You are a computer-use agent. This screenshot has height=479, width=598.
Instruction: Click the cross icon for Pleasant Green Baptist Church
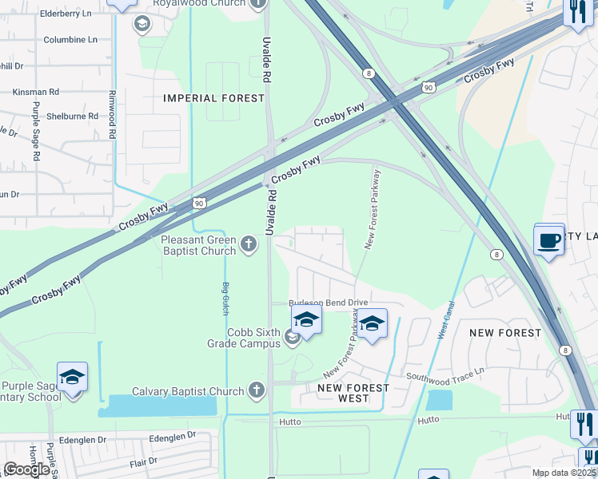(x=249, y=243)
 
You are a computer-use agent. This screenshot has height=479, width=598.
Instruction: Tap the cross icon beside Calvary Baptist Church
(x=256, y=390)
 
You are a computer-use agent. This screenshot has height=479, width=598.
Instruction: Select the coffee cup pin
(x=549, y=241)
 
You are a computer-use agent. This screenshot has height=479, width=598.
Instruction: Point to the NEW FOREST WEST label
(x=353, y=393)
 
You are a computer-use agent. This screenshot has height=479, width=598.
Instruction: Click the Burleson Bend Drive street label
(x=328, y=303)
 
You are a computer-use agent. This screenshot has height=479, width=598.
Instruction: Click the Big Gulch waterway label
(x=225, y=297)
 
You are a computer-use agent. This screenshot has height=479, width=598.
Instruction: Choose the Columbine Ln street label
(x=70, y=39)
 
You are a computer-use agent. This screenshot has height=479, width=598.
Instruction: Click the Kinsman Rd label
(x=35, y=93)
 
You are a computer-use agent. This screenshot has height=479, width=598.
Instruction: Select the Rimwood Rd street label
(x=113, y=115)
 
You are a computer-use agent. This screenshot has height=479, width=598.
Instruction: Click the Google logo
(x=27, y=469)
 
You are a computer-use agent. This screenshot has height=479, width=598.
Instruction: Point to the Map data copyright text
(x=564, y=473)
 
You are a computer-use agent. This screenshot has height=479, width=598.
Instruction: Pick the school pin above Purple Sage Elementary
(x=72, y=376)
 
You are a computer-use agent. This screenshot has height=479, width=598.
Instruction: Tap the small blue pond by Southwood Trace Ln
(x=439, y=400)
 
